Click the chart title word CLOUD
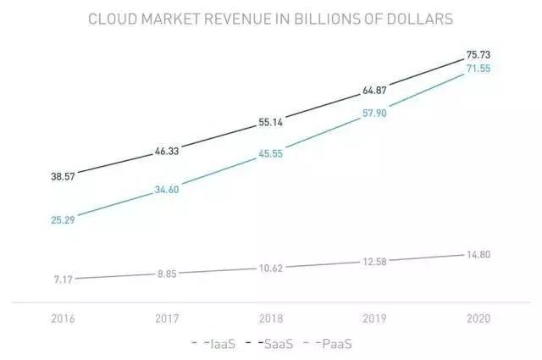tap(114, 19)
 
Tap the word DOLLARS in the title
tap(422, 19)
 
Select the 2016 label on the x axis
tap(63, 319)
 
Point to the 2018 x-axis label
tap(271, 319)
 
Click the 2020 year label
tap(478, 319)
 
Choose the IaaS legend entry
tap(218, 344)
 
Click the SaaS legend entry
tap(271, 344)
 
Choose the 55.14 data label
tap(271, 123)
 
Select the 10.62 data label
tap(271, 268)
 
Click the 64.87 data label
tap(375, 89)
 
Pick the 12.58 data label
tap(375, 262)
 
